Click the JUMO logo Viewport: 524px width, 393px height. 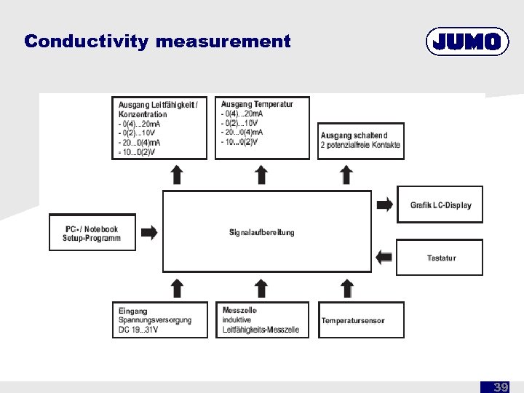[467, 42]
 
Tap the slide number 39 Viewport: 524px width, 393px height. [501, 387]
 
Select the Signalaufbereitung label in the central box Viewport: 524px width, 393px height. [262, 232]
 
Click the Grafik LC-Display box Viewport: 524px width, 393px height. [440, 205]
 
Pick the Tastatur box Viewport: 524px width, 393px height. [440, 258]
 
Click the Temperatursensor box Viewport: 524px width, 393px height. [362, 320]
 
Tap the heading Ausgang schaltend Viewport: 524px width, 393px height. [354, 135]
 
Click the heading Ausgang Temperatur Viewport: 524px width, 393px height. [257, 104]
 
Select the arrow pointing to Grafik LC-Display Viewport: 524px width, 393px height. [384, 205]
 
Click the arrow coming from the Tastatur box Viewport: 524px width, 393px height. [384, 257]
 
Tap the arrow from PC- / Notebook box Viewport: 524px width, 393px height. [148, 233]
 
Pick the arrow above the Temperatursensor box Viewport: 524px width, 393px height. [347, 287]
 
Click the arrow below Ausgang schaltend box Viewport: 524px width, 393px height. [347, 175]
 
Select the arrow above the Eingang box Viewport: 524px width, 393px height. [176, 287]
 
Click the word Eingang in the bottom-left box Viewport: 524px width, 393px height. [133, 311]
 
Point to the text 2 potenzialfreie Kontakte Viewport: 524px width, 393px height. [360, 146]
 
